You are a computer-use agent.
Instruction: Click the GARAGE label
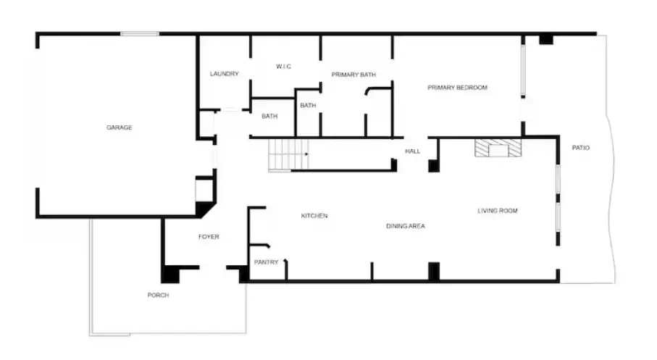coord(120,127)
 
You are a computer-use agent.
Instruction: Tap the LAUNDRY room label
coord(224,74)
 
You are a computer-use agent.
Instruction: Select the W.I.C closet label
coord(284,66)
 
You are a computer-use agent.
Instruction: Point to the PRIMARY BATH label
coord(353,75)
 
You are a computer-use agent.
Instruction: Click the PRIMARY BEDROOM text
coord(458,88)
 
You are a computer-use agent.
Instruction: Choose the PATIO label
coord(581,148)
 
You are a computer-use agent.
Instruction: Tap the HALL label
coord(413,151)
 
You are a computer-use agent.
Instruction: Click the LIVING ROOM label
coord(498,210)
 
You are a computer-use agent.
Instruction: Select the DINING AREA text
coord(406,226)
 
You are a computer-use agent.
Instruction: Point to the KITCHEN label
coord(314,216)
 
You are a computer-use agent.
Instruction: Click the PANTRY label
coord(266,262)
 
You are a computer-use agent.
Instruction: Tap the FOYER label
coord(209,237)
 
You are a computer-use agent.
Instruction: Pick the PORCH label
coord(159,295)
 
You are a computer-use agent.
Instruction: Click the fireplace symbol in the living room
coord(498,148)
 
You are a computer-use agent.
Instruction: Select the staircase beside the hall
coord(289,154)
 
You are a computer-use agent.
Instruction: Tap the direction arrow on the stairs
coord(307,154)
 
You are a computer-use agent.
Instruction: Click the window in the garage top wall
coord(140,33)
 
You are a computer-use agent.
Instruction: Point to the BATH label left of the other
coord(269,116)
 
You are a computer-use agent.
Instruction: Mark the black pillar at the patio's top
coord(546,39)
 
